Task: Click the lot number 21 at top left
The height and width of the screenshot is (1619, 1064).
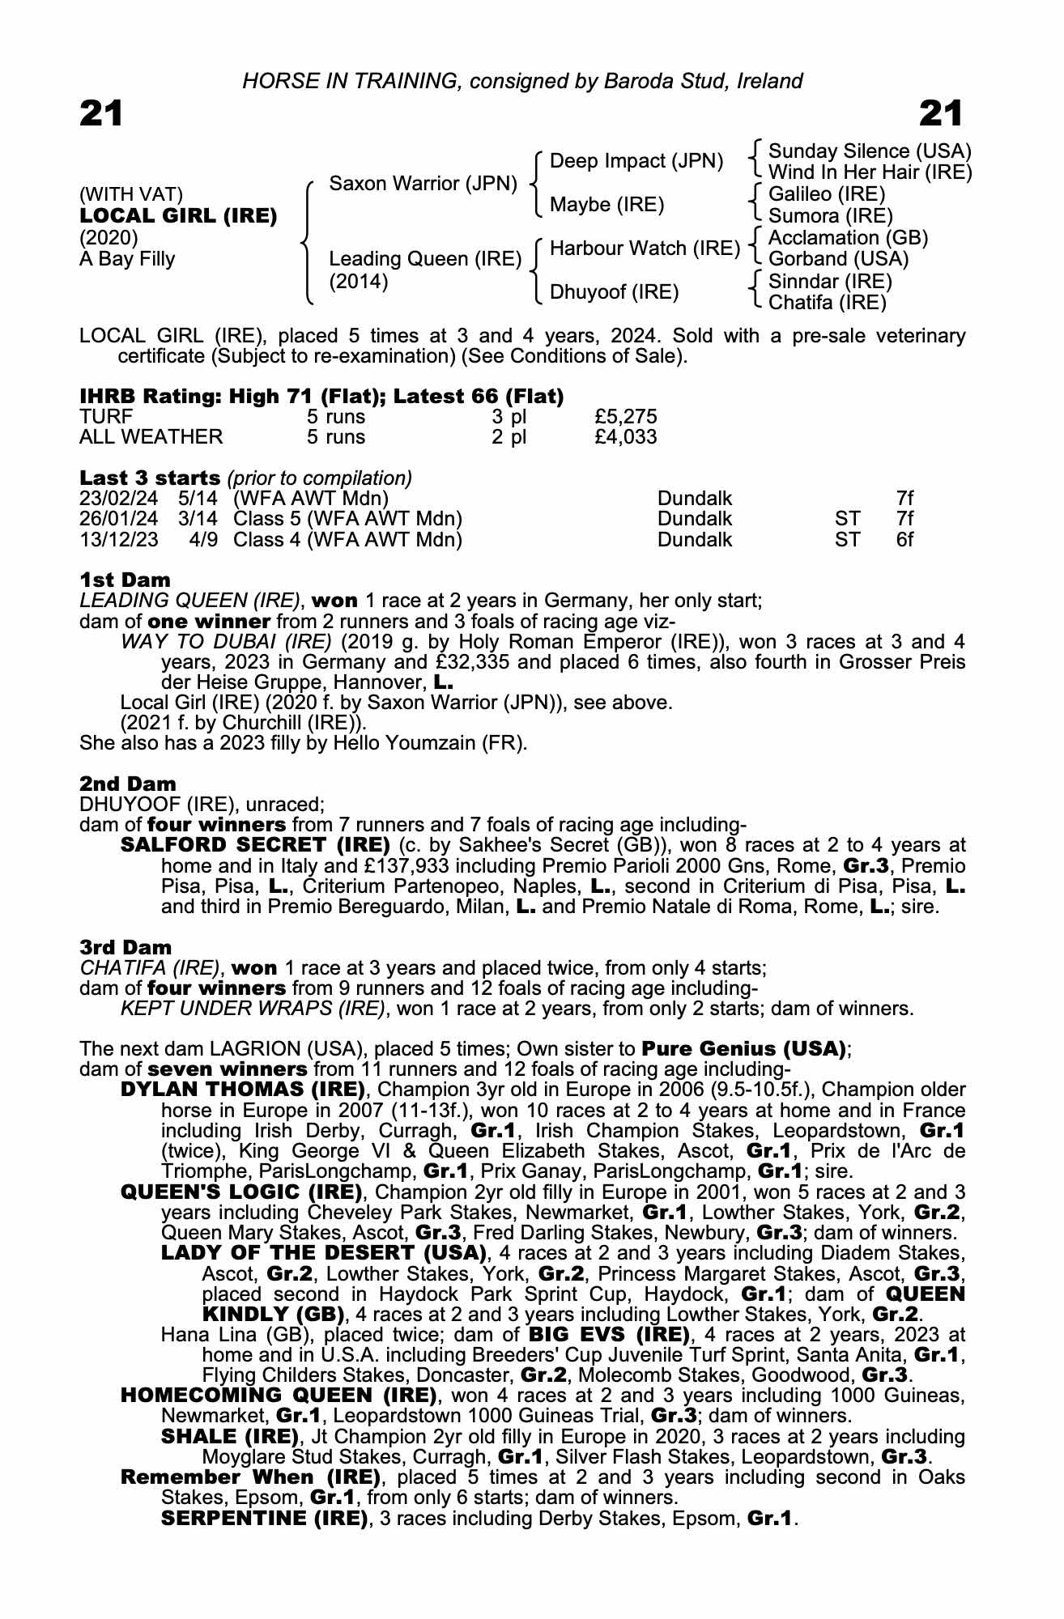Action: click(x=101, y=114)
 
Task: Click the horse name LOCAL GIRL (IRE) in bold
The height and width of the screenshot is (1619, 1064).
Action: click(x=178, y=216)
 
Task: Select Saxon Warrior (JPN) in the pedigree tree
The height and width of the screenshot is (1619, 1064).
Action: click(x=423, y=184)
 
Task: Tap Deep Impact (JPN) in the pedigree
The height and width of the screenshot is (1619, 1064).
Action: click(x=636, y=161)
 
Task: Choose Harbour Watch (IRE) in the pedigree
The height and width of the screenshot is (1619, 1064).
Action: click(x=645, y=249)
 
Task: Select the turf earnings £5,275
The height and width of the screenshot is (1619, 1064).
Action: click(x=625, y=417)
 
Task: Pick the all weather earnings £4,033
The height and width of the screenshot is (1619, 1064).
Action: click(x=625, y=437)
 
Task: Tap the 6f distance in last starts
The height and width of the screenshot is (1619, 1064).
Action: click(x=904, y=539)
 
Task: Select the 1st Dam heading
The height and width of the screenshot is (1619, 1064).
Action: click(x=125, y=580)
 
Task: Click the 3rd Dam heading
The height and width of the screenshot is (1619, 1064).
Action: click(x=126, y=947)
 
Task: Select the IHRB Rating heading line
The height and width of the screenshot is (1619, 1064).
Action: click(x=321, y=397)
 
